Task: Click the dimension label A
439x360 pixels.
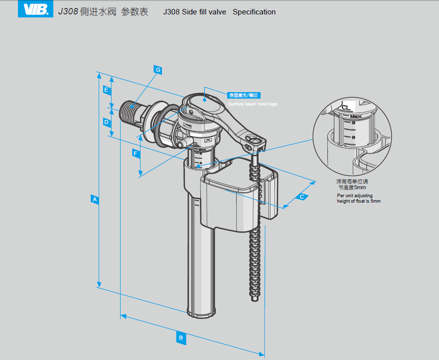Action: click(x=94, y=200)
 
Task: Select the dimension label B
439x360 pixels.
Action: click(x=181, y=338)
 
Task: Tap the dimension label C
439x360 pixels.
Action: click(x=301, y=197)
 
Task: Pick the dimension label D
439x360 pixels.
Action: click(x=106, y=121)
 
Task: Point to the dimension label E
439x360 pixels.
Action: click(x=106, y=90)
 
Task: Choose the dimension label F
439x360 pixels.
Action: click(x=136, y=153)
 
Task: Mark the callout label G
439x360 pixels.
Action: click(x=158, y=70)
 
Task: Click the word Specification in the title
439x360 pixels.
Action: click(x=254, y=12)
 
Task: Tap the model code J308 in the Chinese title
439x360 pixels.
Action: click(x=68, y=12)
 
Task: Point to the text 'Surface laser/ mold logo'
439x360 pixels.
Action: click(x=253, y=104)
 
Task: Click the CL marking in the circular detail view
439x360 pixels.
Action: click(x=346, y=107)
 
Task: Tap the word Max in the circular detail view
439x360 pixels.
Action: click(x=355, y=116)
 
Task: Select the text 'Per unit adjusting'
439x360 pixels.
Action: click(x=354, y=196)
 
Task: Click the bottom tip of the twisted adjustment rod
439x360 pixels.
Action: click(x=255, y=299)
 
